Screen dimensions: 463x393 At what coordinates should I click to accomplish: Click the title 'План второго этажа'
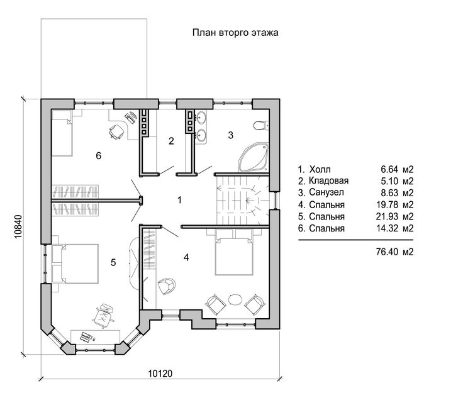235,33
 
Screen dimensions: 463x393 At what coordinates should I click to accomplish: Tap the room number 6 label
99,155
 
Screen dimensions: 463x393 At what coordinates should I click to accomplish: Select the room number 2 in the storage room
171,141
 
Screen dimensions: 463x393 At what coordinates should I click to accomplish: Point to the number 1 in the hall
179,200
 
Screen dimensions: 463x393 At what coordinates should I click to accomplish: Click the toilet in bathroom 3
261,125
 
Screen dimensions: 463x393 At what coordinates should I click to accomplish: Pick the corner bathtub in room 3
254,157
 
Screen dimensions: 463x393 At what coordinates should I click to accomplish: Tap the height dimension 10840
18,226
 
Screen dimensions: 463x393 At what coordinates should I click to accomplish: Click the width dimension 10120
160,374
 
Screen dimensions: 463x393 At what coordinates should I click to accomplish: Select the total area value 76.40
387,252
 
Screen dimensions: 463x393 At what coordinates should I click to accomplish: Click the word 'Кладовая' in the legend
328,180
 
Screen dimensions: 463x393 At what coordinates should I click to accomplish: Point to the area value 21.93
387,216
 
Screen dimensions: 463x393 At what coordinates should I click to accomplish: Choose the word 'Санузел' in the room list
326,192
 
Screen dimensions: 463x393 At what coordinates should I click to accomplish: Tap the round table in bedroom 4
235,300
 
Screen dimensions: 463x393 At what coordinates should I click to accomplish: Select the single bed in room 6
62,133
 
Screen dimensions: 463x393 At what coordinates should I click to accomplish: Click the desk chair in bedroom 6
116,131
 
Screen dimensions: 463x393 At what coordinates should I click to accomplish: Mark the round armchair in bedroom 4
167,285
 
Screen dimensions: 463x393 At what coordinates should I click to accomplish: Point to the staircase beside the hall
243,201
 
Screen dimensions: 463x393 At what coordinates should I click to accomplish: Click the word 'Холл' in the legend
320,169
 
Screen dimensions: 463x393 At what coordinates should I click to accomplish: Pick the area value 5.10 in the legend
389,180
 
